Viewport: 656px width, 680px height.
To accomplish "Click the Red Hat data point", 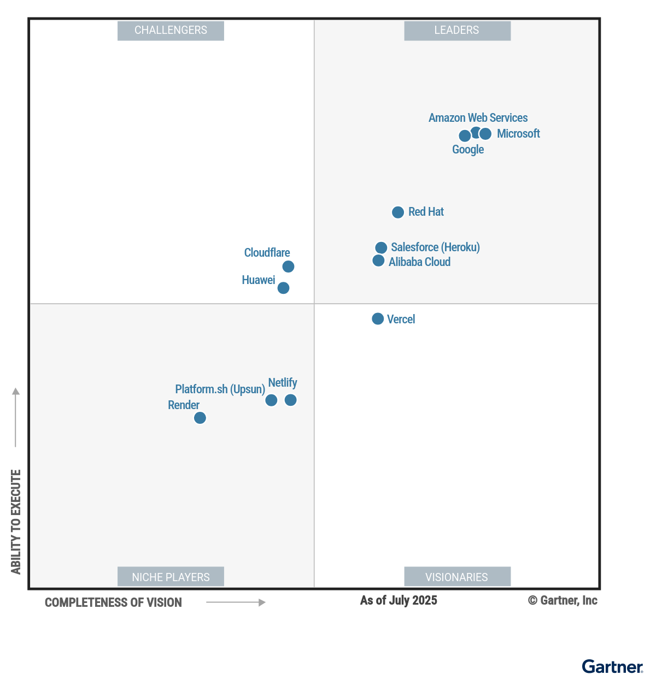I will click(x=398, y=212).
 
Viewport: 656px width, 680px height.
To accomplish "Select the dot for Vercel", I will click(x=378, y=318).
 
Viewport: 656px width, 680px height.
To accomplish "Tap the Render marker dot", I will click(x=200, y=418).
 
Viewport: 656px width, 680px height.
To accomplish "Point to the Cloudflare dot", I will click(x=288, y=267).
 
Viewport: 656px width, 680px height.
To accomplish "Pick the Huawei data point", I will click(x=283, y=288).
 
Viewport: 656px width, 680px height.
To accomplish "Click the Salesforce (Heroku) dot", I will click(x=381, y=248).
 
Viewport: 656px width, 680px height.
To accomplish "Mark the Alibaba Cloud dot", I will click(x=378, y=261).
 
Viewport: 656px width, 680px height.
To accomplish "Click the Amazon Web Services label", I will click(x=478, y=118).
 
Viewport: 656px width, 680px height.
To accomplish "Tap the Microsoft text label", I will click(x=518, y=134).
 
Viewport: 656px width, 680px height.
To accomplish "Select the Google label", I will click(x=468, y=150).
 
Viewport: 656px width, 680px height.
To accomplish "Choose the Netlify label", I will click(x=283, y=383).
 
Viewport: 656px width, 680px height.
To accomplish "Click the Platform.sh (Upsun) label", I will click(x=220, y=389).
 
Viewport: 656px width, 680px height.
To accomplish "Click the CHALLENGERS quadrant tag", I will click(x=171, y=31).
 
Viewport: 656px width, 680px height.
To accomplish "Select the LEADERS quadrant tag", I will click(x=457, y=31).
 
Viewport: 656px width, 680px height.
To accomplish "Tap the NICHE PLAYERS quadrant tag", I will click(x=171, y=577).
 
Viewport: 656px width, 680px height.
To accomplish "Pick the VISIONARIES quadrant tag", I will click(x=457, y=577).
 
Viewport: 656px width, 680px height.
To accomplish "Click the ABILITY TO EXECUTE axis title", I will click(x=16, y=522).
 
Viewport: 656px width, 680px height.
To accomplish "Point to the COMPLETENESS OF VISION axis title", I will click(x=113, y=602).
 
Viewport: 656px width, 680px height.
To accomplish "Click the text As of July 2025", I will click(x=399, y=600).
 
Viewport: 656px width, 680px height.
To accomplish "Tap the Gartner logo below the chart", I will click(x=612, y=667).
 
